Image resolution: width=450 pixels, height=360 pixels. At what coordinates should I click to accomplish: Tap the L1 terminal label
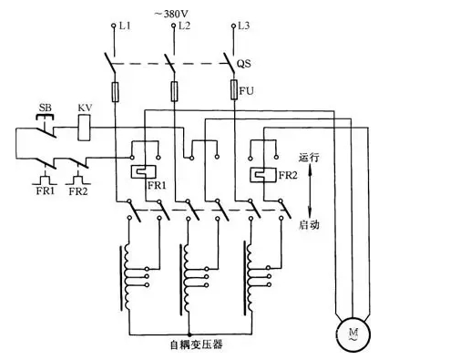tap(127, 26)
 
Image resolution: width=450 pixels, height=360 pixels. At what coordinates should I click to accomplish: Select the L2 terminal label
tap(184, 26)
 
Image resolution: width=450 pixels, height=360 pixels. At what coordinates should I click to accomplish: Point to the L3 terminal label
tap(242, 26)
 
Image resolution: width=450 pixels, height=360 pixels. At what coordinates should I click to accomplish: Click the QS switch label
tap(244, 67)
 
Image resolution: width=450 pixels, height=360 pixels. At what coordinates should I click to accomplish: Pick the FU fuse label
tap(244, 91)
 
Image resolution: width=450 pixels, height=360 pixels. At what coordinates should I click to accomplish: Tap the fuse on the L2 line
tap(174, 92)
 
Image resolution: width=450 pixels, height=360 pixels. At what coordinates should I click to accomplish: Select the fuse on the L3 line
tap(232, 92)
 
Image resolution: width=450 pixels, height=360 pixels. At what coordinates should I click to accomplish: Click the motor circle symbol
tap(346, 331)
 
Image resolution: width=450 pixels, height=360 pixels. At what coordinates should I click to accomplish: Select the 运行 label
tap(310, 157)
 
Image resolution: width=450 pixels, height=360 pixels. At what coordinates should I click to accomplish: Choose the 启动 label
tap(310, 223)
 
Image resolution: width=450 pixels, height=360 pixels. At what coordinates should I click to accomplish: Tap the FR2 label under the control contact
tap(78, 192)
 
